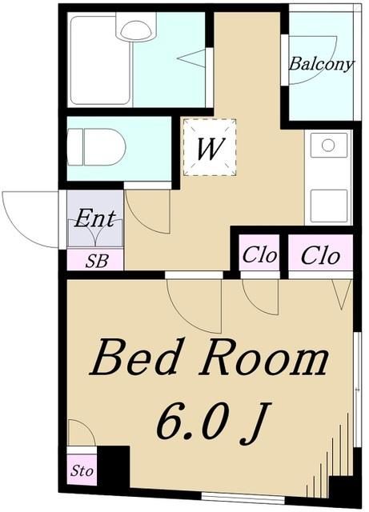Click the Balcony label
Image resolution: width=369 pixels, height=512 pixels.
tap(320, 65)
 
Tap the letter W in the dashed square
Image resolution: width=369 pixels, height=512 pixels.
tap(211, 148)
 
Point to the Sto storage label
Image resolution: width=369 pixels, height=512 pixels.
tap(82, 470)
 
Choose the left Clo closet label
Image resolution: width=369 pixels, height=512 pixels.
tap(259, 257)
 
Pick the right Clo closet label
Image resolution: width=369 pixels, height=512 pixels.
tap(320, 257)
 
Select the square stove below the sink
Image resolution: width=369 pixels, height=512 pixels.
tap(327, 205)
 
